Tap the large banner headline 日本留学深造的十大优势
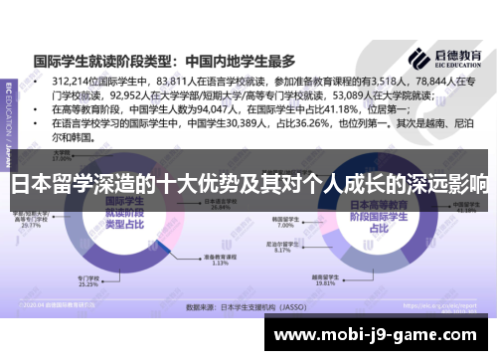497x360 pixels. pos(248,185)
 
